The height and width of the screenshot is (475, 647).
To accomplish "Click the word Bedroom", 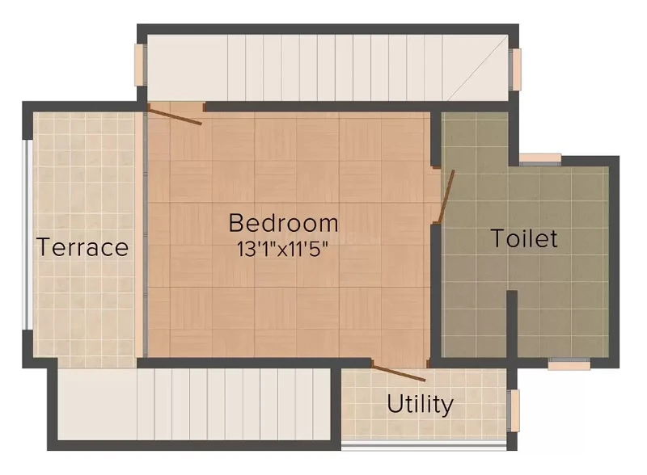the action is (x=284, y=223).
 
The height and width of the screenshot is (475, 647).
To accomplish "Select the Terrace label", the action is (x=82, y=247).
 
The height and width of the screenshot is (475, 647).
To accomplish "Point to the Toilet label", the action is (x=524, y=238).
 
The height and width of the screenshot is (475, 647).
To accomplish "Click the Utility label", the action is (x=420, y=404).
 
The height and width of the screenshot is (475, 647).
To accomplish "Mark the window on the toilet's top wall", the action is (x=540, y=160).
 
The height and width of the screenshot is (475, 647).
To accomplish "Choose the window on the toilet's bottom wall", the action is (x=569, y=364).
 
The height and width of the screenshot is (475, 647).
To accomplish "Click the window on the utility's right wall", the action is (x=514, y=410).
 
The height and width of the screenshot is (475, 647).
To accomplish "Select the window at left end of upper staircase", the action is (x=140, y=65).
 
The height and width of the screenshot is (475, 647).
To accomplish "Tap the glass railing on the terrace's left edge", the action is (x=27, y=235).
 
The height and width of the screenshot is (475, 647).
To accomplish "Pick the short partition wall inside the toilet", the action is (x=512, y=324).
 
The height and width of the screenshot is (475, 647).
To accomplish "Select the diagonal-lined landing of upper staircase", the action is (x=476, y=68).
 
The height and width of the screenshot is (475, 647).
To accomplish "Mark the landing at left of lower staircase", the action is (x=97, y=404).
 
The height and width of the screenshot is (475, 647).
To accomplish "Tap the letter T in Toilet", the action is (x=498, y=239).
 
